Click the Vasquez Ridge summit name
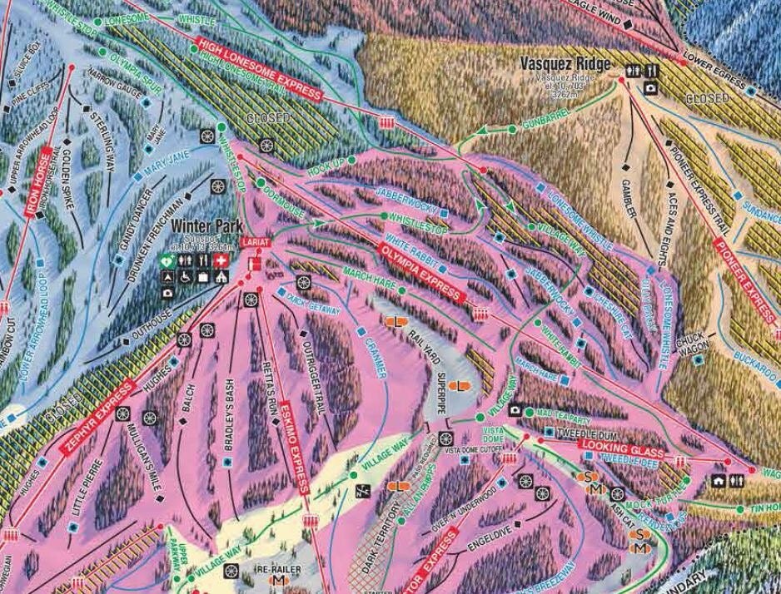565,64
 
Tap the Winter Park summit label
206,225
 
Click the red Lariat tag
252,242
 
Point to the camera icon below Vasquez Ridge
650,87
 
